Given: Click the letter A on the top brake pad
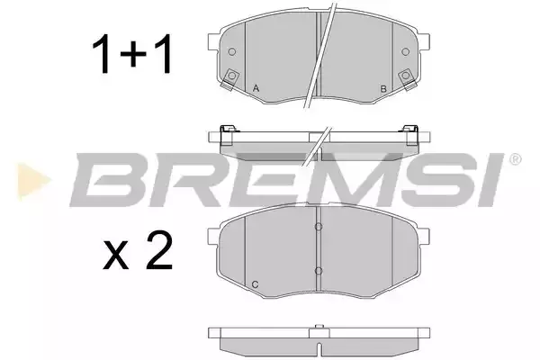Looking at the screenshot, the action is (x=256, y=88).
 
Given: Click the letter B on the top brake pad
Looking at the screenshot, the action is (x=383, y=89).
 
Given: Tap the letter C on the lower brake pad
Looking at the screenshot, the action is (x=256, y=284).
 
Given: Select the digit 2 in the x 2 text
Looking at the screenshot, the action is (x=159, y=250).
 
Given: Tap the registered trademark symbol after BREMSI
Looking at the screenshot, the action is (x=515, y=159).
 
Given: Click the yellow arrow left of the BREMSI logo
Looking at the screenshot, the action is (x=33, y=182).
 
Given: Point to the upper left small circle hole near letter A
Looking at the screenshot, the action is (x=232, y=51).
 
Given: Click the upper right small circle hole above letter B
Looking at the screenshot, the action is (x=406, y=51).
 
